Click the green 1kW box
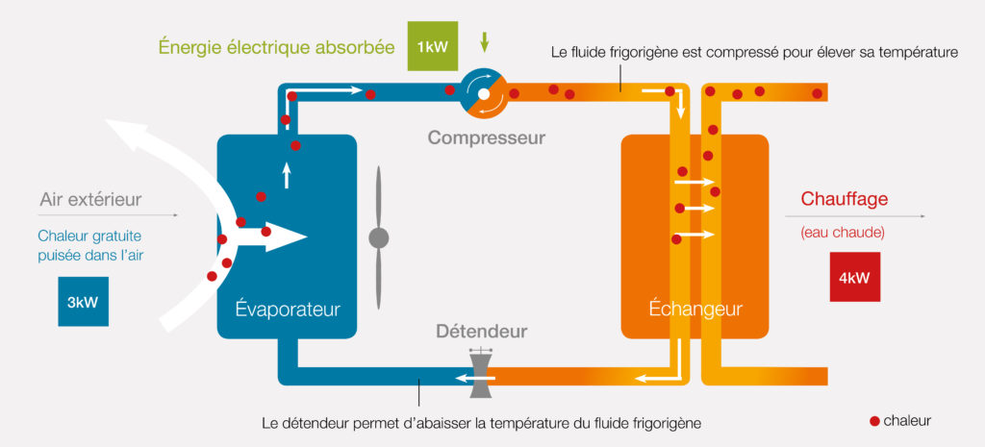pos(432,45)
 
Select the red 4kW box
pos(855,280)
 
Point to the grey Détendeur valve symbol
pos(479,373)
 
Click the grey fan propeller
pos(379,236)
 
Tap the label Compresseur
pos(486,137)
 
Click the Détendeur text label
pos(481,332)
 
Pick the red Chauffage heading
pos(844,200)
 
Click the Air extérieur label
pos(90,200)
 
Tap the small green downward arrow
pos(485,40)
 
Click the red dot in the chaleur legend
pos(874,420)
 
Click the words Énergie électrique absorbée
pos(277,45)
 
